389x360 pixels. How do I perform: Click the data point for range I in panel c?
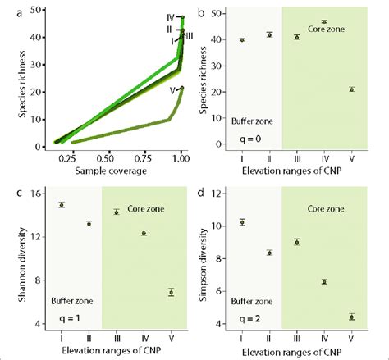tap(62, 205)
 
